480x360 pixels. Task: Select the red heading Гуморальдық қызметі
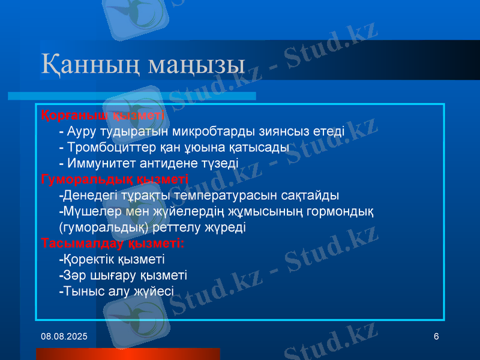[115, 179]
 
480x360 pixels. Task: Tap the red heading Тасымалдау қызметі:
[113, 244]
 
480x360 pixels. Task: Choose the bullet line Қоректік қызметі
[112, 259]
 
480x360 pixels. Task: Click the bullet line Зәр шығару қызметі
[123, 275]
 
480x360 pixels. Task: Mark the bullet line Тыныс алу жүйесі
[116, 292]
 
